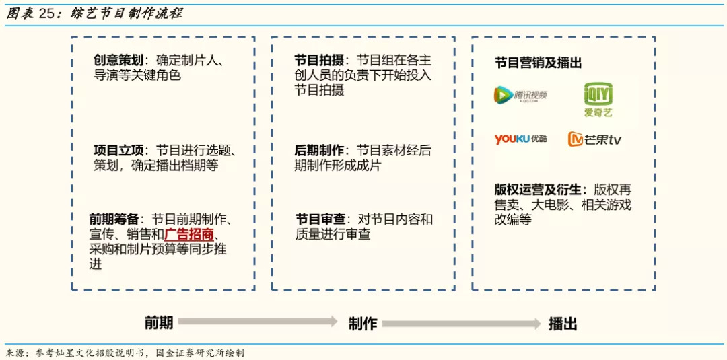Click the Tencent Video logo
click(520, 96)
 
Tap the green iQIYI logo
click(598, 99)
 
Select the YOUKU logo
click(520, 139)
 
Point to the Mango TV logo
click(594, 139)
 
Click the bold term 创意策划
click(118, 60)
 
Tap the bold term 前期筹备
click(114, 219)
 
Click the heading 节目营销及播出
click(538, 63)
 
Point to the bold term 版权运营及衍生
click(541, 190)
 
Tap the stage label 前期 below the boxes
click(159, 323)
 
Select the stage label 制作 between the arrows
click(363, 323)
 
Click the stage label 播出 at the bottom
click(563, 323)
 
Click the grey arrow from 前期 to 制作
click(258, 322)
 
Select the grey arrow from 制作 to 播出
click(462, 323)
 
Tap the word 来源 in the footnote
click(15, 353)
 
